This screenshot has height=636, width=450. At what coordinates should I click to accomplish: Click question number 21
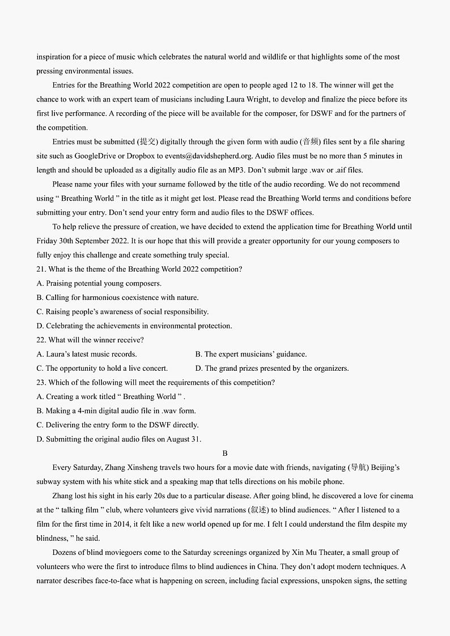[41, 269]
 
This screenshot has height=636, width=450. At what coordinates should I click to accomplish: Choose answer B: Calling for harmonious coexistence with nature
[117, 298]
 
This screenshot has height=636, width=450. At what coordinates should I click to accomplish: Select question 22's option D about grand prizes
[272, 368]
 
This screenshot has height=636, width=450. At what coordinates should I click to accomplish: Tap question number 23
[41, 383]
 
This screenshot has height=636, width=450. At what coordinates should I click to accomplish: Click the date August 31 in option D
[182, 439]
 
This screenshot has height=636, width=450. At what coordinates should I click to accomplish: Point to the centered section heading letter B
[225, 453]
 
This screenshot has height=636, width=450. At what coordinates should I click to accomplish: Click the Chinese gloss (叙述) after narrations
[258, 510]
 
